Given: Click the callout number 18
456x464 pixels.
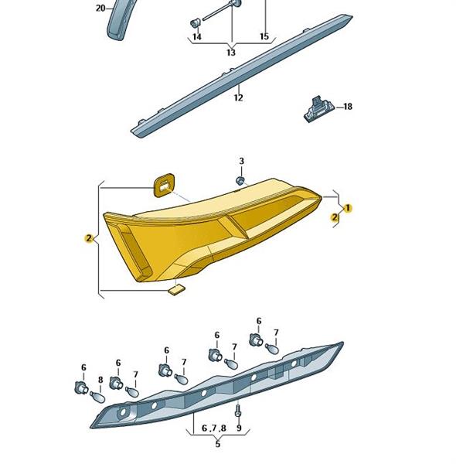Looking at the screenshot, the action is (348, 106).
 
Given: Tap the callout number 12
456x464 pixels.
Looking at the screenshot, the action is (238, 97).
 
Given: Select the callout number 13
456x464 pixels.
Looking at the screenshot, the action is (231, 53).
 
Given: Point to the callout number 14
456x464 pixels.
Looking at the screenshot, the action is (197, 36).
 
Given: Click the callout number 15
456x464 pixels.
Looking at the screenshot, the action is (264, 36).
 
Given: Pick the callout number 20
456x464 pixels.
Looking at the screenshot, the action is (100, 9).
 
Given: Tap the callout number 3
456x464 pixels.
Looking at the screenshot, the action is (242, 162).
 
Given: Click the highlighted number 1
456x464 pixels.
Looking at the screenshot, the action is (348, 208).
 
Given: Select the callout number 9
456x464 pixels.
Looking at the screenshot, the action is (239, 428).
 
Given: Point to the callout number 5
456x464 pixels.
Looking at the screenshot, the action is (218, 444).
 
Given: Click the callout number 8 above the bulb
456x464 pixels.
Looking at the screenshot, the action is (100, 380).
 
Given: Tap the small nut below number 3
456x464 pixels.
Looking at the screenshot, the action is (240, 180).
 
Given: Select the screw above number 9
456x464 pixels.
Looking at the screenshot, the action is (238, 411).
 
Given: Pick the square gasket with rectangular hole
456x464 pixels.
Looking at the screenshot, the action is (164, 185).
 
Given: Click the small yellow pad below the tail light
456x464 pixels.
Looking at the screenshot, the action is (176, 290).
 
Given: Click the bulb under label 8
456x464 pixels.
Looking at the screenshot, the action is (97, 397).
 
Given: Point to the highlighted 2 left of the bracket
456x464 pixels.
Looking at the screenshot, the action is (88, 238).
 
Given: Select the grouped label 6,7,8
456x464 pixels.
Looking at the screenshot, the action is (214, 428).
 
